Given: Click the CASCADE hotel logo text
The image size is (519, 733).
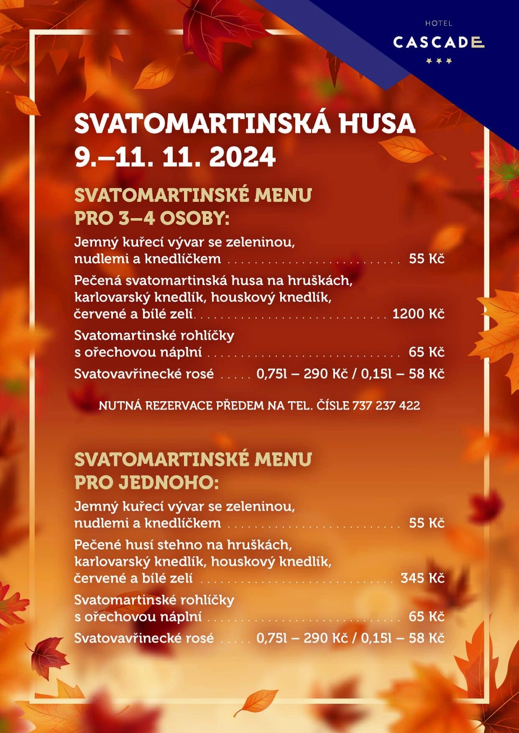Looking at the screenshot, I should (438, 42).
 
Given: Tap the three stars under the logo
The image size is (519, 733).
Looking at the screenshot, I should (439, 61).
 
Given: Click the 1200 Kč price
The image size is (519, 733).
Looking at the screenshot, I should (418, 314).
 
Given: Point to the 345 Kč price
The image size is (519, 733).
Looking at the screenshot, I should (422, 578).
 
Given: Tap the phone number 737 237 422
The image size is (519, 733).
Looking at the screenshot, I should (386, 405).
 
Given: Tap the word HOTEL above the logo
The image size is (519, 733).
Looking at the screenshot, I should (439, 23).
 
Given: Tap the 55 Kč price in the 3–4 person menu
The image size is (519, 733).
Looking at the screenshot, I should (427, 259).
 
